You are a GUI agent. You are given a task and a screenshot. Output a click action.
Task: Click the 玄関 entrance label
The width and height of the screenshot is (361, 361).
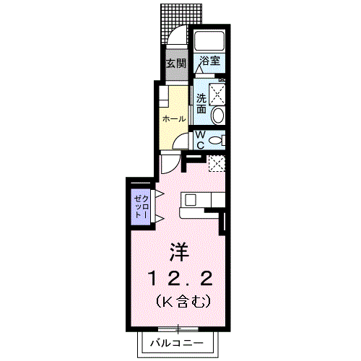175,63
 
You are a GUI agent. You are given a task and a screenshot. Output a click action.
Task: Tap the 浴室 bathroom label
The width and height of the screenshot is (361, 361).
210,62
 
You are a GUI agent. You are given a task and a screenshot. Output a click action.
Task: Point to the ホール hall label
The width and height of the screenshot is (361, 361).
174,118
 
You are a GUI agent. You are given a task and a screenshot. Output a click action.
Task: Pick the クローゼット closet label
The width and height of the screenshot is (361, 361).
140,206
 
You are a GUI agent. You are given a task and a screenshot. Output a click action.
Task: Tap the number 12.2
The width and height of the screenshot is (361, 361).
180,278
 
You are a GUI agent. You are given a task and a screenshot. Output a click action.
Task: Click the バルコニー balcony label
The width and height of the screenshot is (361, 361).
177,343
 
